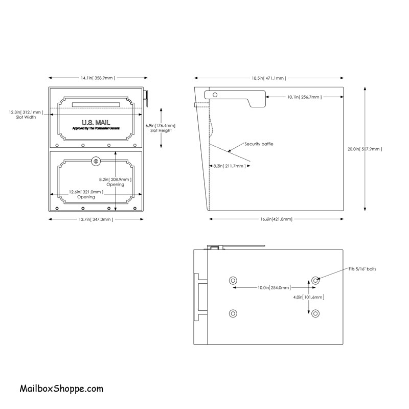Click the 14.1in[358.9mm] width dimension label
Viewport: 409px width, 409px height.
(x=98, y=78)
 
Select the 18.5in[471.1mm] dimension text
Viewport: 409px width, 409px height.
(x=269, y=78)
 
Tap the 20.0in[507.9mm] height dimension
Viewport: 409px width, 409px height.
(x=365, y=149)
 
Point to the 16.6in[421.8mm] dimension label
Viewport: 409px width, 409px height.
(x=276, y=219)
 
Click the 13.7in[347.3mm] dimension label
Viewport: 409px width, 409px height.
(x=96, y=219)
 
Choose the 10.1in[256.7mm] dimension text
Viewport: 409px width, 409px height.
(x=304, y=97)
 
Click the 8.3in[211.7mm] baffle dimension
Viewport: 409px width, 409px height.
(x=230, y=166)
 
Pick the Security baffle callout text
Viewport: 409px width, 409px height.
(x=259, y=144)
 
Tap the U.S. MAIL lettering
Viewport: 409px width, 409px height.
(x=96, y=122)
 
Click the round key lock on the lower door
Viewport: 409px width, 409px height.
(x=96, y=161)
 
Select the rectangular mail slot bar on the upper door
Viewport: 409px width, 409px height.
(x=96, y=105)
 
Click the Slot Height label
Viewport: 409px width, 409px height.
(x=161, y=130)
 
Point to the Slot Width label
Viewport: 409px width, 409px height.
(x=26, y=117)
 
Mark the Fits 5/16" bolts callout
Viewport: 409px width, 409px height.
(x=362, y=269)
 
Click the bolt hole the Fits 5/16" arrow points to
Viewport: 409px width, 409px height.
(x=315, y=281)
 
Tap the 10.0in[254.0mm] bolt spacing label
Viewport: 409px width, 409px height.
(x=274, y=288)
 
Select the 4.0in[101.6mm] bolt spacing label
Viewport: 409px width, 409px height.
(x=309, y=297)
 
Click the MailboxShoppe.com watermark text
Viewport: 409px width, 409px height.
(x=61, y=389)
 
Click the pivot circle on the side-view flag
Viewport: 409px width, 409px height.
(x=215, y=95)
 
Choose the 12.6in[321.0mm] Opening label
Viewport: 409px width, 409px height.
(x=86, y=194)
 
